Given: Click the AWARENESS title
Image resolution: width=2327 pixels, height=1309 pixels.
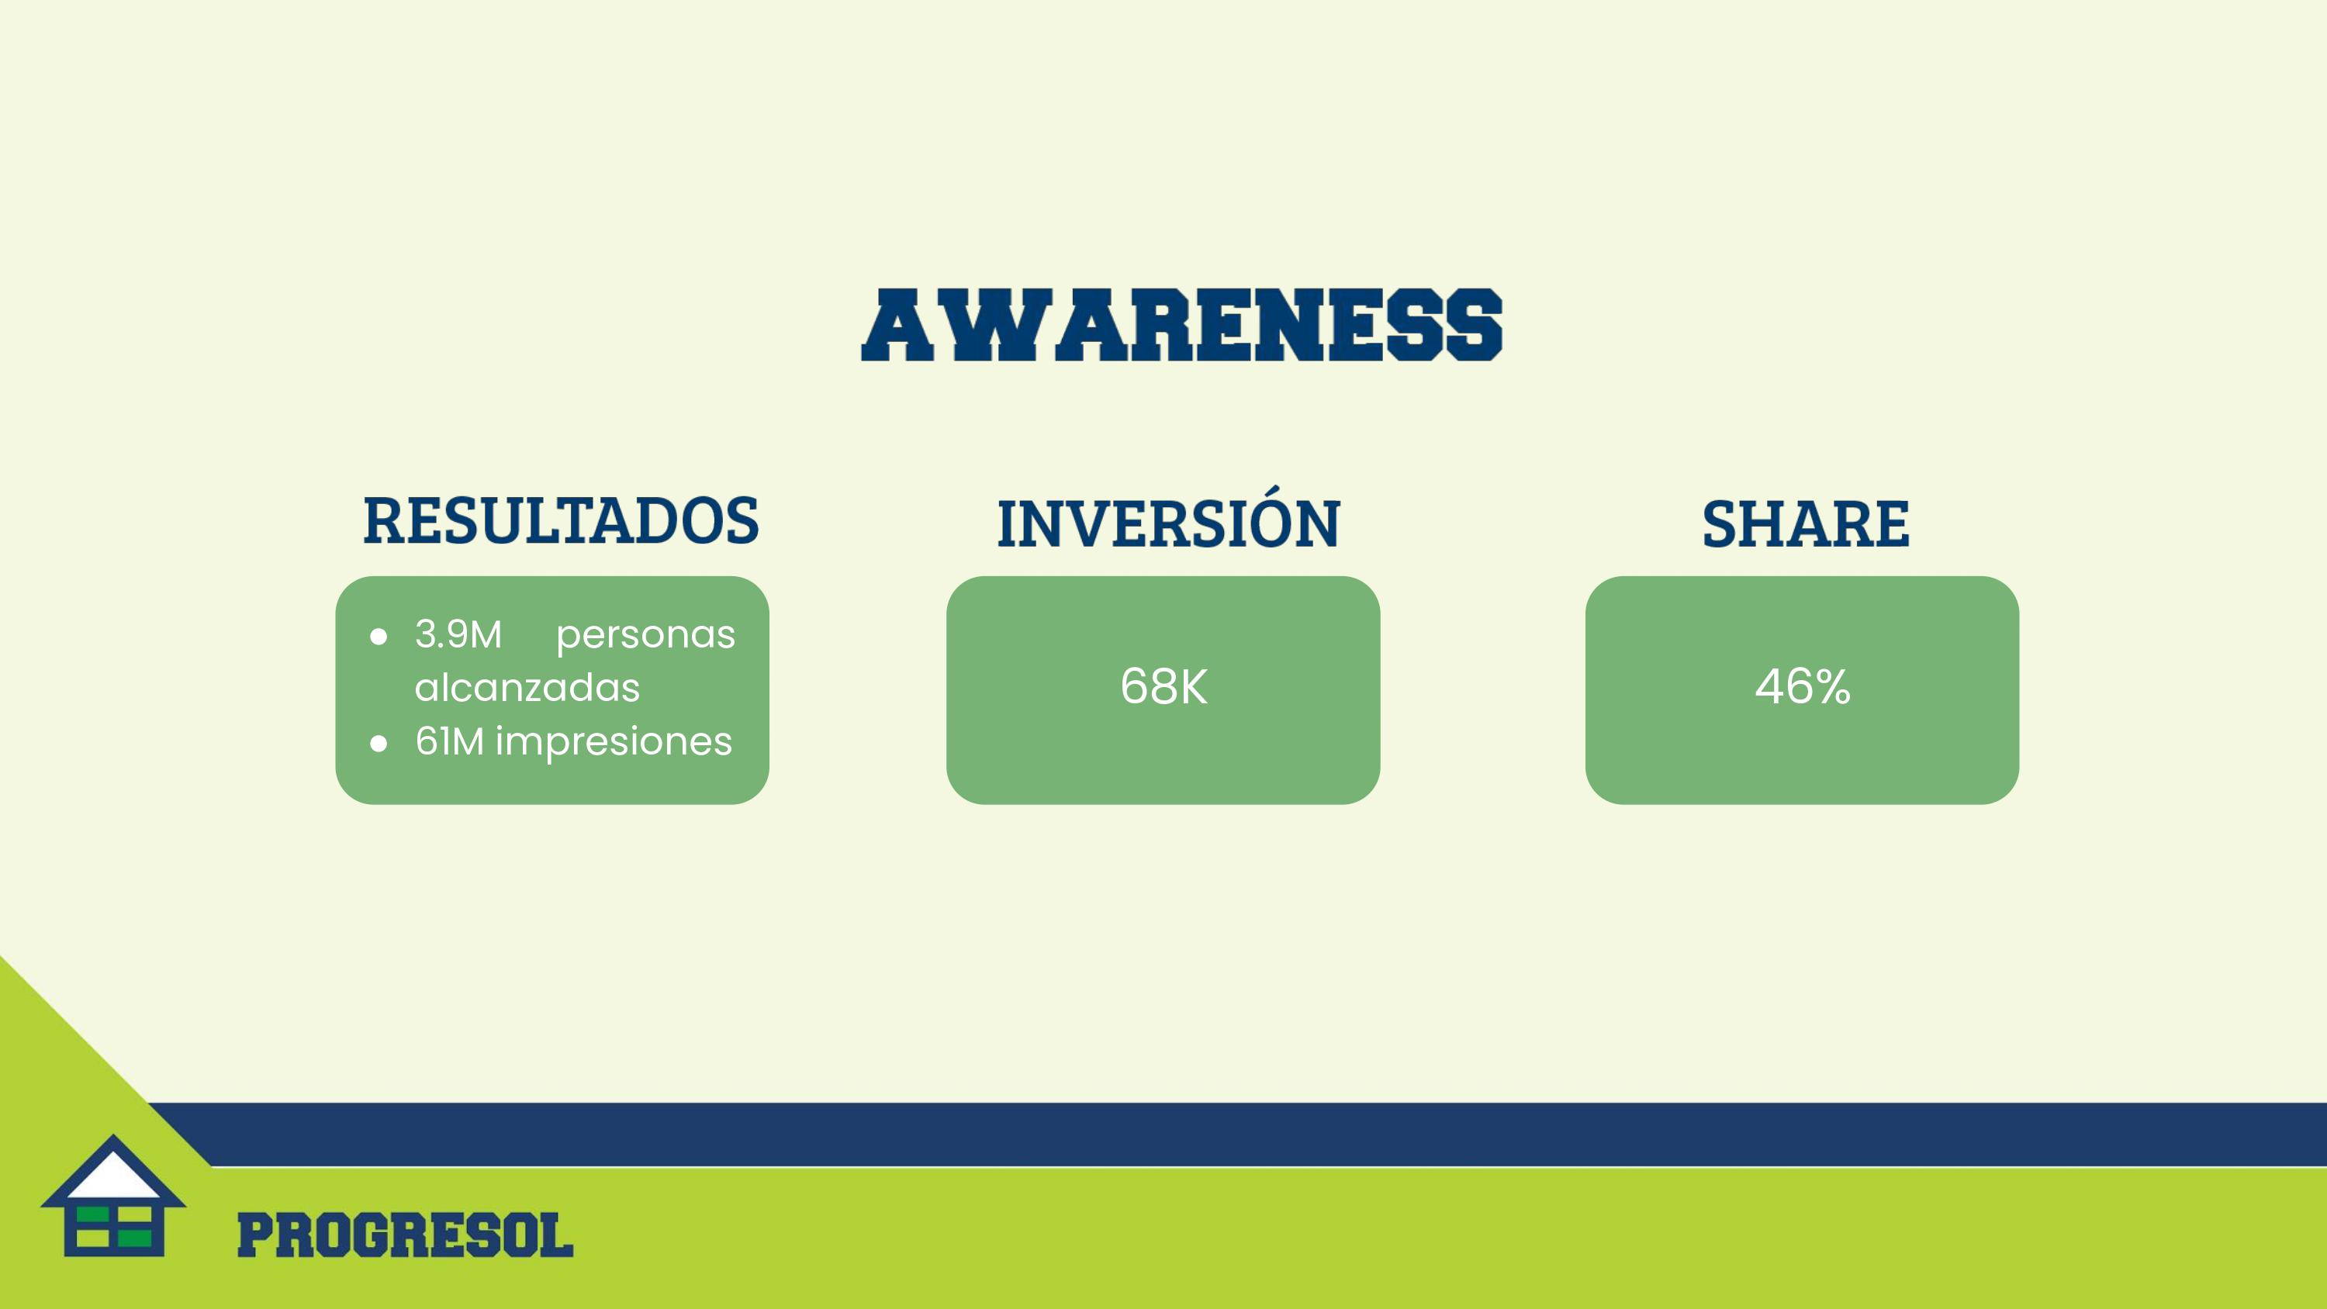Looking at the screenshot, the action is [x=1181, y=325].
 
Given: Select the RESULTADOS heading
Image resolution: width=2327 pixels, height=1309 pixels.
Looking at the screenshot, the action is [x=561, y=521].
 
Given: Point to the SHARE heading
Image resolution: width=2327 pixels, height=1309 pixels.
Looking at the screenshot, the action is [x=1806, y=524].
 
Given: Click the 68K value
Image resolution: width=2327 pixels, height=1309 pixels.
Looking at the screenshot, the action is [x=1163, y=686].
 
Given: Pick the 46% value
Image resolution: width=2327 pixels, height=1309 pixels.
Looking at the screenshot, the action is [x=1802, y=686].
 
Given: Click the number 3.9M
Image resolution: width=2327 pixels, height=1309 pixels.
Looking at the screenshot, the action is [x=458, y=634].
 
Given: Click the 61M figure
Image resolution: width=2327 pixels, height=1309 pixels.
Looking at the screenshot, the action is [x=450, y=741].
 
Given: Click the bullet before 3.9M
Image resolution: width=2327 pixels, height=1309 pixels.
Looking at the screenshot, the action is [x=379, y=637].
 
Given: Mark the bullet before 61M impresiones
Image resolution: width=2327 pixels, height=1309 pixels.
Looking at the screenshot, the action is [x=379, y=744].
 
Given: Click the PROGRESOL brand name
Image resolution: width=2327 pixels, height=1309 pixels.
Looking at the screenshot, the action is [x=405, y=1236].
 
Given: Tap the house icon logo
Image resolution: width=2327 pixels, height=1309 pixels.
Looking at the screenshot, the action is [x=114, y=1195].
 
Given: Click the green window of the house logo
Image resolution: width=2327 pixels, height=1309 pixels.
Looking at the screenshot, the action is [x=114, y=1228].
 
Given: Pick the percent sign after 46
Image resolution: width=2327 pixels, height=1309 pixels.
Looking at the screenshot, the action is [x=1831, y=686].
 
